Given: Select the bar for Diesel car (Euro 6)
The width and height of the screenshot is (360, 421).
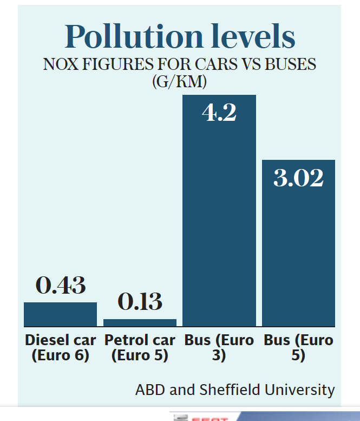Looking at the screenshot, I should point(60,314).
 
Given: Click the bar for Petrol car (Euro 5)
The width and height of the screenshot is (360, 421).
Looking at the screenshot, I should point(140,323).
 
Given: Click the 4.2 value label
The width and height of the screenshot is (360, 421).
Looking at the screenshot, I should point(219,112).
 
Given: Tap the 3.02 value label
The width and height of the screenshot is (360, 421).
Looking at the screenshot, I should point(298,178).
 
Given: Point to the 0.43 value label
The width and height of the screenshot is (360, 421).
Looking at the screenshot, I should point(60,286).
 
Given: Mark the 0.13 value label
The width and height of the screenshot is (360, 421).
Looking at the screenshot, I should point(140,302).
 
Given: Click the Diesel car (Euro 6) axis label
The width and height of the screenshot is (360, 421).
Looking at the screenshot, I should point(60,348).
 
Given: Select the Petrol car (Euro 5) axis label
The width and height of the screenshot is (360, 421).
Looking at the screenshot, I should point(140,348).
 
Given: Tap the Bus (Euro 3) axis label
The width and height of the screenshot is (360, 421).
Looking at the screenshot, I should point(219,348).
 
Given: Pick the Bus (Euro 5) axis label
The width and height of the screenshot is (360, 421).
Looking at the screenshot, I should point(298,348).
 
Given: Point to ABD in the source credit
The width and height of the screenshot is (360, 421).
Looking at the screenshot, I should point(147,390).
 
